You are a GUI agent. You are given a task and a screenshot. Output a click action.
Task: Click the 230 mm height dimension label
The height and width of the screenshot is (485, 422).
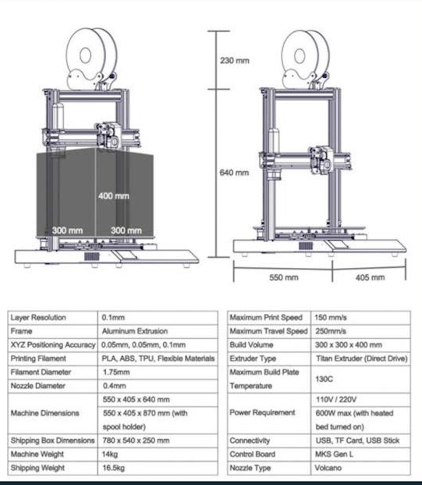(x=235, y=61)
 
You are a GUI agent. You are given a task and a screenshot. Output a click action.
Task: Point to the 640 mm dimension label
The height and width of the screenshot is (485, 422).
(x=234, y=173)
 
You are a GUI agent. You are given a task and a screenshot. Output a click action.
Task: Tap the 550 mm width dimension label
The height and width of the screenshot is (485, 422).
(x=284, y=277)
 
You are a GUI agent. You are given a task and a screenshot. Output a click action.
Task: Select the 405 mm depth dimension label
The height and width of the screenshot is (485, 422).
(x=370, y=277)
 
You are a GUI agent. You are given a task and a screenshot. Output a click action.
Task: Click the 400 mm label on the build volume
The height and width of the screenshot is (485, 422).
(x=114, y=196)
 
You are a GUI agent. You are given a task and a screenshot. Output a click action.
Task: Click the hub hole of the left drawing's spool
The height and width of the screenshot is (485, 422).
(x=85, y=55)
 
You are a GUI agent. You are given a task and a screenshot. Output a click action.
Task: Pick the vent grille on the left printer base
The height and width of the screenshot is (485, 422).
(x=91, y=256)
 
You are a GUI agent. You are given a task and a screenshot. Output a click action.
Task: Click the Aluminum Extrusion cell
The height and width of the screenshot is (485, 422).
(x=135, y=331)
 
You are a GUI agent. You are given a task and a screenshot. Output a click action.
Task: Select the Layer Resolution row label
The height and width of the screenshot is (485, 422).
(x=38, y=317)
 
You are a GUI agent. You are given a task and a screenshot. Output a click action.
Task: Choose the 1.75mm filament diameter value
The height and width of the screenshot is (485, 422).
(x=116, y=372)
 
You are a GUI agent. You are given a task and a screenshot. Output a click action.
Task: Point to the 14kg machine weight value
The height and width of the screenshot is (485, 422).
(x=110, y=454)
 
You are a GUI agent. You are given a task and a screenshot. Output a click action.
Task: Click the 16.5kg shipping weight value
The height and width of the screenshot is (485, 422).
(x=113, y=468)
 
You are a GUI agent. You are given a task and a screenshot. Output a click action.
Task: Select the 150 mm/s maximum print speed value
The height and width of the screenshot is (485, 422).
(x=331, y=317)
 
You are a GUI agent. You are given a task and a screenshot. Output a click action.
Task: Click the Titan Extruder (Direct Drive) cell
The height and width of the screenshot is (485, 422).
(x=362, y=358)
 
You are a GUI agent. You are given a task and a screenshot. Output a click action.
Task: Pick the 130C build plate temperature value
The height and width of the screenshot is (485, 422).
(x=324, y=379)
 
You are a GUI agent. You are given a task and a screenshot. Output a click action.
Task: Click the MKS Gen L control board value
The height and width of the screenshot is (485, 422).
(x=334, y=454)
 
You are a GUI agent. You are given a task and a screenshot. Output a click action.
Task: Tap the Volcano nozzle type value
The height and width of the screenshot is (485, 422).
(x=328, y=468)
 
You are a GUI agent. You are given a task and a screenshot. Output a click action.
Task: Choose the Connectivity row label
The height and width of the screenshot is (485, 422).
(x=249, y=440)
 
